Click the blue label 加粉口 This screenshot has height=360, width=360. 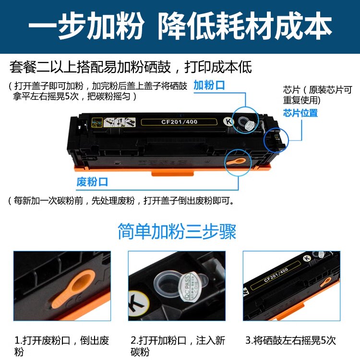pos(209,85)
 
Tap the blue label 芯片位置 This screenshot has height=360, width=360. pos(300,113)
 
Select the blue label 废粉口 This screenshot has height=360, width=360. pos(92,182)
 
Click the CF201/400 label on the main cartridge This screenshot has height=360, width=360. pos(179,122)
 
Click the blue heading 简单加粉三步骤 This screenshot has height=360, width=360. pos(177,231)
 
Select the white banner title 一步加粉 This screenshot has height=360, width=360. pos(86,26)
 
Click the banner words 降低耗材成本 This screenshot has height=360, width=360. pos(245,26)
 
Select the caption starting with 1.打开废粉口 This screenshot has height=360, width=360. pos(61,346)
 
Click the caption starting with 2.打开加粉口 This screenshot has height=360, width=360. pos(178,346)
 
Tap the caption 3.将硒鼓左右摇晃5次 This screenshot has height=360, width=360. pos(291,340)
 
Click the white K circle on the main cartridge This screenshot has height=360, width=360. pos(228,121)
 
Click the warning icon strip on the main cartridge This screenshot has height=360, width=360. pos(114,122)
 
